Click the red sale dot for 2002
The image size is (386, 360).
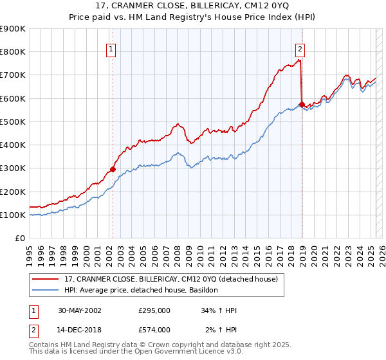click(x=113, y=170)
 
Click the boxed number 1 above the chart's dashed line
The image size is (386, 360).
click(x=111, y=48)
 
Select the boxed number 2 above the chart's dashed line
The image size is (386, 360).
click(x=300, y=48)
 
